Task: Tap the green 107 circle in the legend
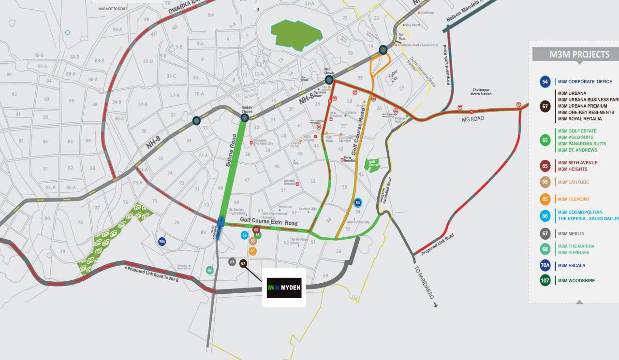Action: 545,281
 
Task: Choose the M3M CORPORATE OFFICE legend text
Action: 585,82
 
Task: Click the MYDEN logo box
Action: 284,288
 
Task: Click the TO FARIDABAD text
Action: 424,283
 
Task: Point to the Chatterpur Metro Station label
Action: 481,92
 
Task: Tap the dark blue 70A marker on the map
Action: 162,241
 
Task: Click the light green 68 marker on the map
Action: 209,270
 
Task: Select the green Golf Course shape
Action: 372,165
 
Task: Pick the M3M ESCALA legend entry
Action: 572,265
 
